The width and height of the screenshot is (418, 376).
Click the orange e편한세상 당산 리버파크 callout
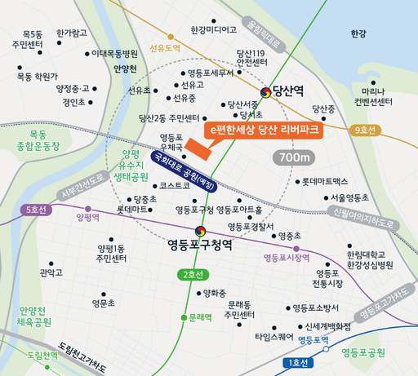(265, 130)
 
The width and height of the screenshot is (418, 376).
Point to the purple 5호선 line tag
(36, 210)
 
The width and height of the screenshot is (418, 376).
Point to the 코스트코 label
(175, 185)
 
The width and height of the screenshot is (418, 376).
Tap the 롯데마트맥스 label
(324, 181)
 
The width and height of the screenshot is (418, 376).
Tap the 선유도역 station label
(164, 48)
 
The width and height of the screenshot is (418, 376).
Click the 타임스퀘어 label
(273, 335)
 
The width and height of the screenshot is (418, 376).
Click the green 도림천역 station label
(42, 355)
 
